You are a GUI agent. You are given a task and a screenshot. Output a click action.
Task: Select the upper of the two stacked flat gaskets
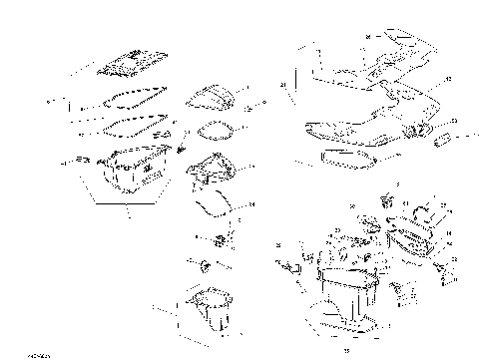pyautogui.click(x=126, y=98)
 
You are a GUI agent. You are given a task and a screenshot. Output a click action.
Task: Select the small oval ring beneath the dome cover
pyautogui.click(x=213, y=129)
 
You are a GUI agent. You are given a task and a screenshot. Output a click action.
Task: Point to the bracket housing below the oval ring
pyautogui.click(x=214, y=170)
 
